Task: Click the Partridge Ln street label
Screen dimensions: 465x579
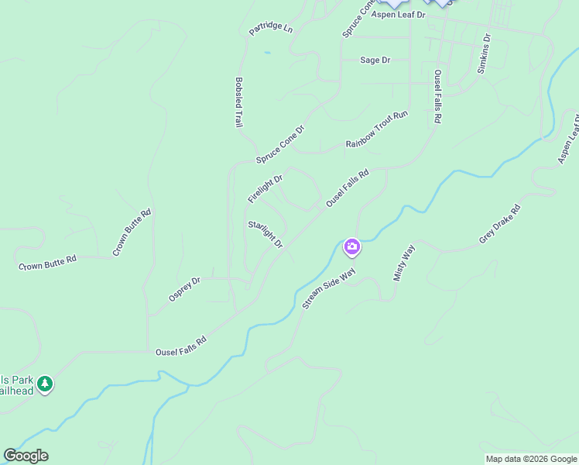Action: pos(271,29)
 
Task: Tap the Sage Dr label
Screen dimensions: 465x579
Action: pos(375,60)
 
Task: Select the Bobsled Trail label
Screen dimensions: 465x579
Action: pos(239,102)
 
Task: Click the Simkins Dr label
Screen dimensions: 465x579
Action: pos(484,53)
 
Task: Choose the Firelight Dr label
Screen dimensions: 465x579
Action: pos(265,189)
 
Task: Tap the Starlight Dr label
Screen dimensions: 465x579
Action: pos(266,235)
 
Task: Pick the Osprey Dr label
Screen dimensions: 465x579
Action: pos(184,290)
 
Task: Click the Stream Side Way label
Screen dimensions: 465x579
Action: pos(328,289)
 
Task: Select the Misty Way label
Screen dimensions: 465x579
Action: pos(404,263)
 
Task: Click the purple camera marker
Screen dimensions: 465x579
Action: pos(352,247)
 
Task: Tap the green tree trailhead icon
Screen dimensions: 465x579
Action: pos(45,383)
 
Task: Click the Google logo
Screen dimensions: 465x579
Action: pos(26,456)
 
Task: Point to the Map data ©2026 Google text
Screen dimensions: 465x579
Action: pos(531,459)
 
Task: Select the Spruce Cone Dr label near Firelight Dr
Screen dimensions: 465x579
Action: pos(280,145)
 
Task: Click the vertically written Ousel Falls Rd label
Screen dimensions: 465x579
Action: pos(437,97)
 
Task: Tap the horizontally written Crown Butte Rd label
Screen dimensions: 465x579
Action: pos(48,262)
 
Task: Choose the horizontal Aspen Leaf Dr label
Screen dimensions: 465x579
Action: pos(399,15)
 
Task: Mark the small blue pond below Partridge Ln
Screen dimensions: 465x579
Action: pos(267,53)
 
